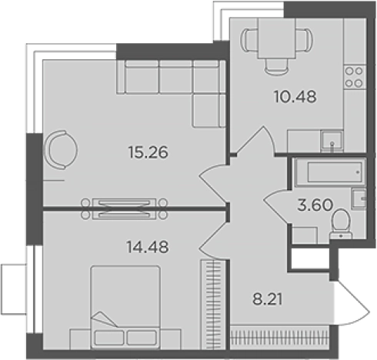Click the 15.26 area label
(148, 152)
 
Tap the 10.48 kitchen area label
(295, 97)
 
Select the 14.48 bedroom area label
(148, 247)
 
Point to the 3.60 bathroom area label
(315, 205)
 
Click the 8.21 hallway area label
(268, 299)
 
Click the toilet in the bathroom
(341, 224)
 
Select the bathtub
(331, 172)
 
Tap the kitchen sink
(332, 141)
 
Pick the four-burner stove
(354, 77)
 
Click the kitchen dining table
(277, 38)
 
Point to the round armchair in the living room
(61, 150)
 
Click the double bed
(125, 307)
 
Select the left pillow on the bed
(109, 338)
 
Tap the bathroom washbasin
(359, 198)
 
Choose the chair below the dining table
(277, 67)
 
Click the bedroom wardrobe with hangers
(213, 305)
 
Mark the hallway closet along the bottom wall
(279, 337)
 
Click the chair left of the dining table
(249, 40)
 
